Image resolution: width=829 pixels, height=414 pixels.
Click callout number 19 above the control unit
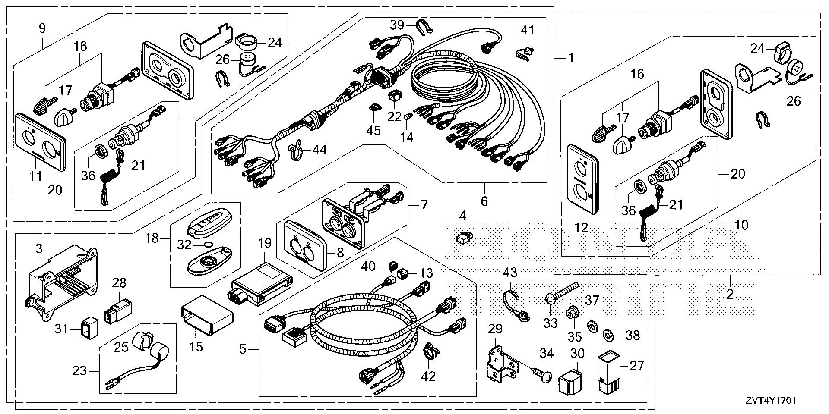[x=265, y=243]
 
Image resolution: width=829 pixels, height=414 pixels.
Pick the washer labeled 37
[x=593, y=324]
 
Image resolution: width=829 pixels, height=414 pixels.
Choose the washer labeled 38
[x=608, y=333]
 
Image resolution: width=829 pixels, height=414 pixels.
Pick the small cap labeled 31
[x=88, y=330]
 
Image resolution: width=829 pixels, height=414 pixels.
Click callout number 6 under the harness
[x=484, y=201]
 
